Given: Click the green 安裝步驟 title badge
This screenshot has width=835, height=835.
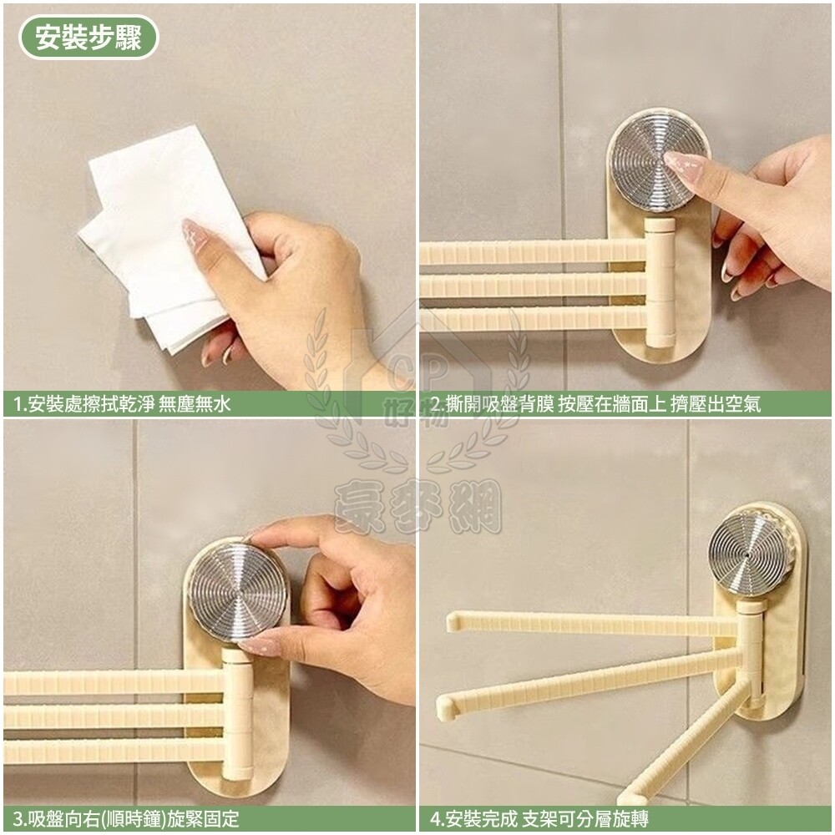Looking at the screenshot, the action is (x=89, y=38).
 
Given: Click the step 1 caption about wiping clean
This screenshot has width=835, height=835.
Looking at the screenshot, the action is (x=123, y=403).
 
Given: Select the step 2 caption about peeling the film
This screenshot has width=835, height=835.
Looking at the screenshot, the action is (x=595, y=403).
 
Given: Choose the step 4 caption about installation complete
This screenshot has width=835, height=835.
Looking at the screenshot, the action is (x=539, y=819).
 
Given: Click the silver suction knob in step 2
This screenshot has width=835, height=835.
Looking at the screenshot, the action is (x=658, y=161).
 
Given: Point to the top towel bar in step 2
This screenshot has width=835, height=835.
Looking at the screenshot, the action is (x=533, y=251).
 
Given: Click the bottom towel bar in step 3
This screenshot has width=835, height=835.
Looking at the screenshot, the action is (x=114, y=751).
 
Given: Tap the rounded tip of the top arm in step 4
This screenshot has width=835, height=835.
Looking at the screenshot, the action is (x=453, y=621).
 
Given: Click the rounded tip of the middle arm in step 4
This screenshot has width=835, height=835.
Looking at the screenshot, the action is (x=445, y=706).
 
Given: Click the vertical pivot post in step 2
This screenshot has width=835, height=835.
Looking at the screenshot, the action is (x=660, y=281).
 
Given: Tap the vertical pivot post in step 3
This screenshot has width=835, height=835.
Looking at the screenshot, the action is (x=237, y=714).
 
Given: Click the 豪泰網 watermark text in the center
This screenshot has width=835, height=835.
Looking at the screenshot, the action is (x=417, y=506).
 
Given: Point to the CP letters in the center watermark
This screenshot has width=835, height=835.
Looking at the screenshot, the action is (x=418, y=372).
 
